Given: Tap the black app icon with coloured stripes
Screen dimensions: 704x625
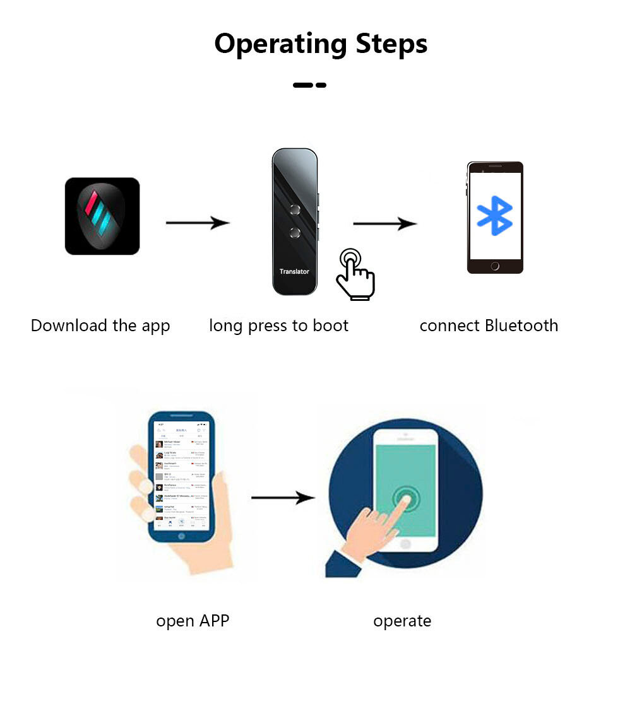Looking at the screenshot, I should [102, 216].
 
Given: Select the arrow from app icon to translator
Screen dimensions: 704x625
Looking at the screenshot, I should [197, 223].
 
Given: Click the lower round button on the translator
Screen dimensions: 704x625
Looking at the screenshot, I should [294, 232].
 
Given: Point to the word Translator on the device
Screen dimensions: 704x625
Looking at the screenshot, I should [294, 271].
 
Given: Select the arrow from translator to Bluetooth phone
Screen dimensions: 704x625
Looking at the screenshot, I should [384, 223].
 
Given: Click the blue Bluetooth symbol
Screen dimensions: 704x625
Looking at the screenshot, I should [495, 216].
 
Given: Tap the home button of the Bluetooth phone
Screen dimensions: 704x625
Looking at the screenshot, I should [495, 266].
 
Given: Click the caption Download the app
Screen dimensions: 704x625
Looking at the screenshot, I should [100, 326].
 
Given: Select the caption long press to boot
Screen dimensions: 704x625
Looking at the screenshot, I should [278, 326].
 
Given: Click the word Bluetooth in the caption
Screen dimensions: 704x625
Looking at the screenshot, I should [521, 326].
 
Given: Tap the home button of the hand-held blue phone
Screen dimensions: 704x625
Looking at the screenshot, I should [182, 536].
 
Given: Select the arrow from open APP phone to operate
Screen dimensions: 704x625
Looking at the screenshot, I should [282, 498].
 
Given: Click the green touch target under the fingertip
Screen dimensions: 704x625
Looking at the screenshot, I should [405, 498].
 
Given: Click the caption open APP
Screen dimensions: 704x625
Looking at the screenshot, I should [193, 621].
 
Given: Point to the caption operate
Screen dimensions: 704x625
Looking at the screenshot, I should [402, 621].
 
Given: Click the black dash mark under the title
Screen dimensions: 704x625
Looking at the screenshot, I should [309, 85].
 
